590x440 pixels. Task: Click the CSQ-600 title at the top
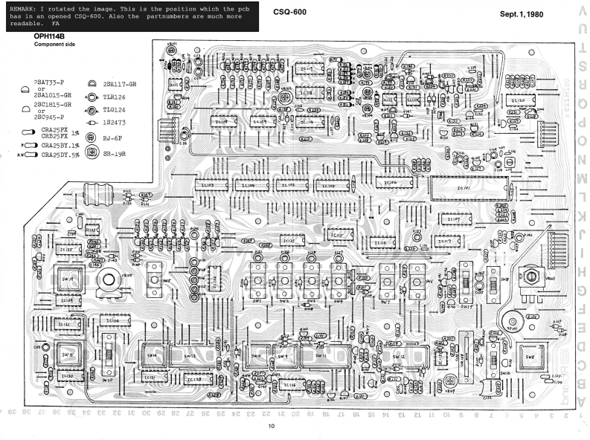point(290,12)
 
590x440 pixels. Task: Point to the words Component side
point(54,45)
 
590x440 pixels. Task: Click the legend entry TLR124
point(118,97)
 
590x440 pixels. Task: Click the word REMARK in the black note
point(24,7)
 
